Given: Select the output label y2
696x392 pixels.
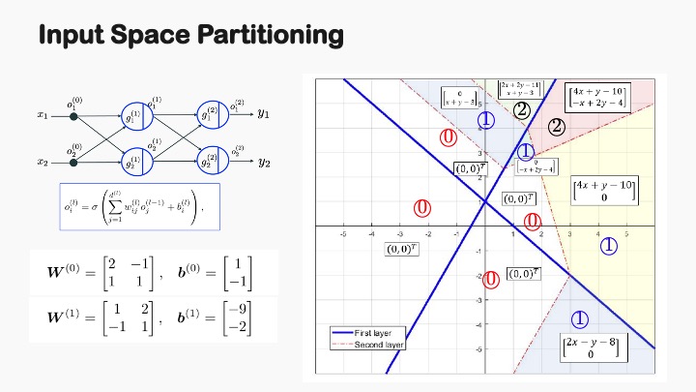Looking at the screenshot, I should [x=263, y=162].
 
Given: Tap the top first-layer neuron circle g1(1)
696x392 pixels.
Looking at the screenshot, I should [x=135, y=116].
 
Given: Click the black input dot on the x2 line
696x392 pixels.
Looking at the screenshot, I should [x=73, y=161].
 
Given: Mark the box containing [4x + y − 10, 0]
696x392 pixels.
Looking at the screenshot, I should [x=603, y=191].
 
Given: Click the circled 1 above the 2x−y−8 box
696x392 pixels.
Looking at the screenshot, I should [x=579, y=317].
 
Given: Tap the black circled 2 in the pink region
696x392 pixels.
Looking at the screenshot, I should [x=556, y=125].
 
